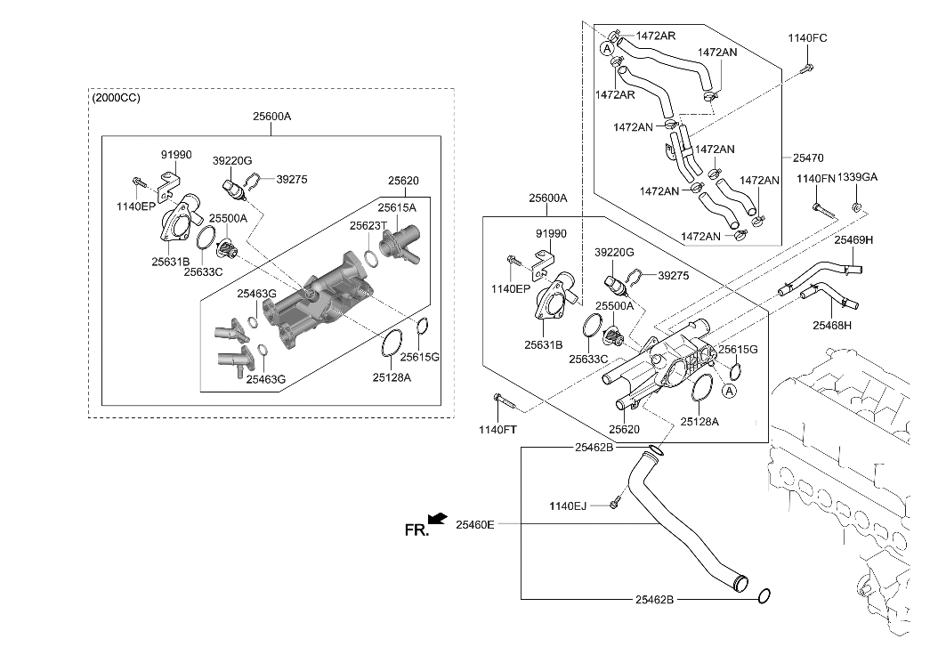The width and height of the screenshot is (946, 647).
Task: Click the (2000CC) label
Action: (x=116, y=97)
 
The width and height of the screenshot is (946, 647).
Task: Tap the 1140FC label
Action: (x=807, y=38)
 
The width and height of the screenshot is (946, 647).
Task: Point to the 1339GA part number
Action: (x=857, y=178)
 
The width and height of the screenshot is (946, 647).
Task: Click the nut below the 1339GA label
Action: (x=855, y=208)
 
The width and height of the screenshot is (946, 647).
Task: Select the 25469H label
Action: (x=853, y=239)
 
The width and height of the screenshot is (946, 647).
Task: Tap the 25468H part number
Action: (x=831, y=326)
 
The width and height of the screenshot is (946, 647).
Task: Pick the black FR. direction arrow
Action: (x=437, y=518)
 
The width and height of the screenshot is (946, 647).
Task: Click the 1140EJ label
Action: (x=568, y=505)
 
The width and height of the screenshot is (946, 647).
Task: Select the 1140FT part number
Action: (x=497, y=430)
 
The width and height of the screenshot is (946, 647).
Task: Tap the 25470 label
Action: (x=809, y=158)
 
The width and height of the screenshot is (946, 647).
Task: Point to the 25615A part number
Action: (x=395, y=206)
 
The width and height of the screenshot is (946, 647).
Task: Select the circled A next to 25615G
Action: (x=729, y=391)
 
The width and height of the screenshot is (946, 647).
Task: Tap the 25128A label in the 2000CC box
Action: (x=392, y=376)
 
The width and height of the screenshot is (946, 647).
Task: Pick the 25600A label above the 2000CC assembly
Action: (x=271, y=116)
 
